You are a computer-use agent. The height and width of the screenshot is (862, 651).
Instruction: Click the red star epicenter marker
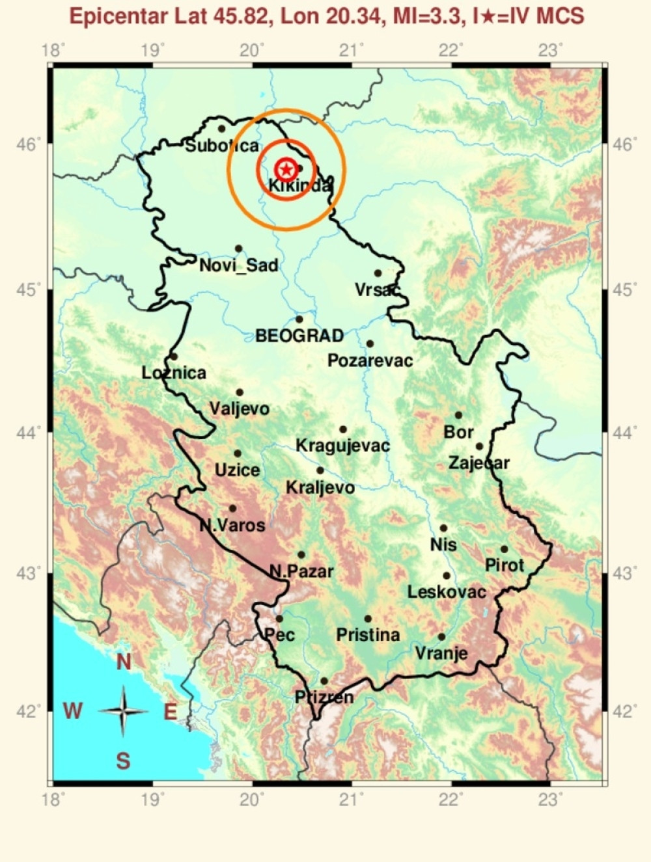[286, 170]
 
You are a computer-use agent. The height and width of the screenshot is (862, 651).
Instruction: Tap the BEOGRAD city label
[299, 336]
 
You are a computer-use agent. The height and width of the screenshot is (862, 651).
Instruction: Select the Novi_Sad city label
[238, 265]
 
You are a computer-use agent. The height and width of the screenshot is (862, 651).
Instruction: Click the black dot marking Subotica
[221, 129]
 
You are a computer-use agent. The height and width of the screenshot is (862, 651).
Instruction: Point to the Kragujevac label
[342, 446]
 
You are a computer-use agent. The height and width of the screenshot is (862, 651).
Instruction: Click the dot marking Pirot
[504, 549]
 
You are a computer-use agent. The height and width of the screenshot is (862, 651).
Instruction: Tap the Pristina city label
[368, 635]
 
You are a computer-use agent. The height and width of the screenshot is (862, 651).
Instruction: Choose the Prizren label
[324, 697]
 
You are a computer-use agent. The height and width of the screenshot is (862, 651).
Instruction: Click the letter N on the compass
[124, 662]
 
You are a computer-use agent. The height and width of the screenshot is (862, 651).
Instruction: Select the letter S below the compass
[123, 760]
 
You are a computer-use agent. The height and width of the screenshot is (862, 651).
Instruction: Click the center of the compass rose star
[123, 711]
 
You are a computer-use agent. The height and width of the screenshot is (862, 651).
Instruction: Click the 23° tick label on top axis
[551, 50]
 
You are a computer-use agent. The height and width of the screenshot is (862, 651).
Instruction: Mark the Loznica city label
[174, 373]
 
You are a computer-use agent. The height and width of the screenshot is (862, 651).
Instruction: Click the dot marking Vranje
[441, 637]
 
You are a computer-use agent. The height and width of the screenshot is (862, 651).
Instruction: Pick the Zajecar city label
[479, 463]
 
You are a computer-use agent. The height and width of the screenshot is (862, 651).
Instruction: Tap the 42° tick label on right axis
[624, 711]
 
